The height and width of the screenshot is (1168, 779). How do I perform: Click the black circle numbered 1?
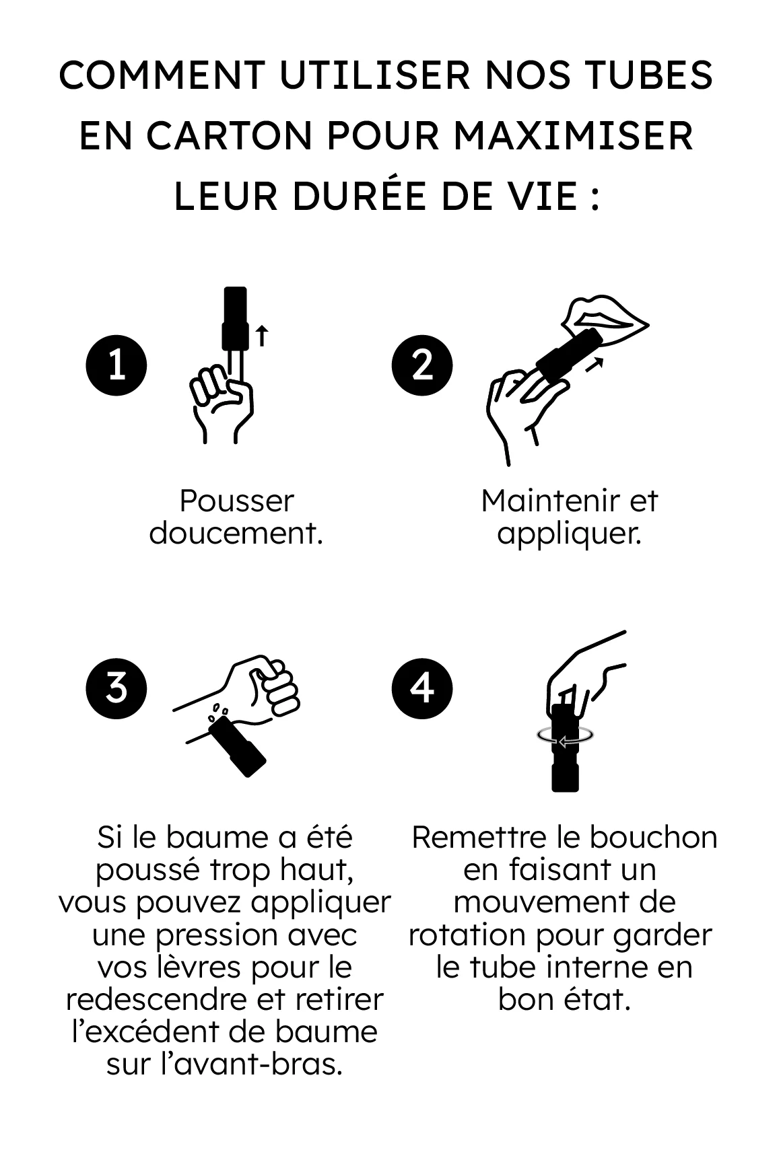click(116, 365)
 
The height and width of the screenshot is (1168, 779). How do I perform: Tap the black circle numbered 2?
click(422, 365)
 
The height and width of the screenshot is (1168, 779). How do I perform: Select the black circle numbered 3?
click(116, 688)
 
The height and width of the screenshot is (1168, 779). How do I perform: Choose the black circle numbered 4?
click(422, 688)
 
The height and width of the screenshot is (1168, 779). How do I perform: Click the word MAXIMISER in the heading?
click(573, 136)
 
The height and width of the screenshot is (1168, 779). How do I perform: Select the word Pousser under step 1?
click(236, 501)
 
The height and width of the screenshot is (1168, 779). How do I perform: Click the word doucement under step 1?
click(235, 534)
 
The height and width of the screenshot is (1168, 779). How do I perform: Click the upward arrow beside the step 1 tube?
click(262, 335)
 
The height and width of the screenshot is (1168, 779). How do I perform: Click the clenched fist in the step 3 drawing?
click(269, 683)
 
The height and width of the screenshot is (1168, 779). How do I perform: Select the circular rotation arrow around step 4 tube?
click(566, 736)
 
